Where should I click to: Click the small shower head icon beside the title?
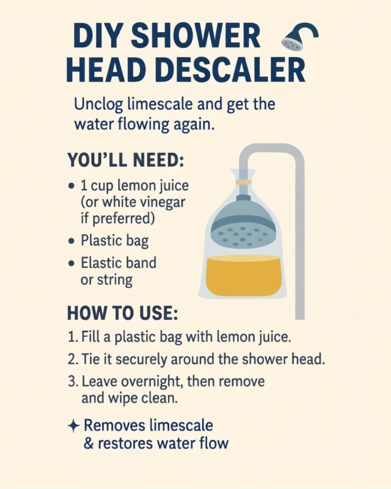pos(299,37)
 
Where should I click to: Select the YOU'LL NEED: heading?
pos(126,160)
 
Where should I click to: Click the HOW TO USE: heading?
pos(123,313)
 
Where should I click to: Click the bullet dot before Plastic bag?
pos(72,241)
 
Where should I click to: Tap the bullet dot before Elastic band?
pos(72,263)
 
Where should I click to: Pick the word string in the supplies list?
pos(115,280)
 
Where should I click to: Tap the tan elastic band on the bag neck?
pos(243,182)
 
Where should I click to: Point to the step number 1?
pos(72,337)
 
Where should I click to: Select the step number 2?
pos(72,359)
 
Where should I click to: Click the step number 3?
pos(73,382)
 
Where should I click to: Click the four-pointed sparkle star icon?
pos(74,426)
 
